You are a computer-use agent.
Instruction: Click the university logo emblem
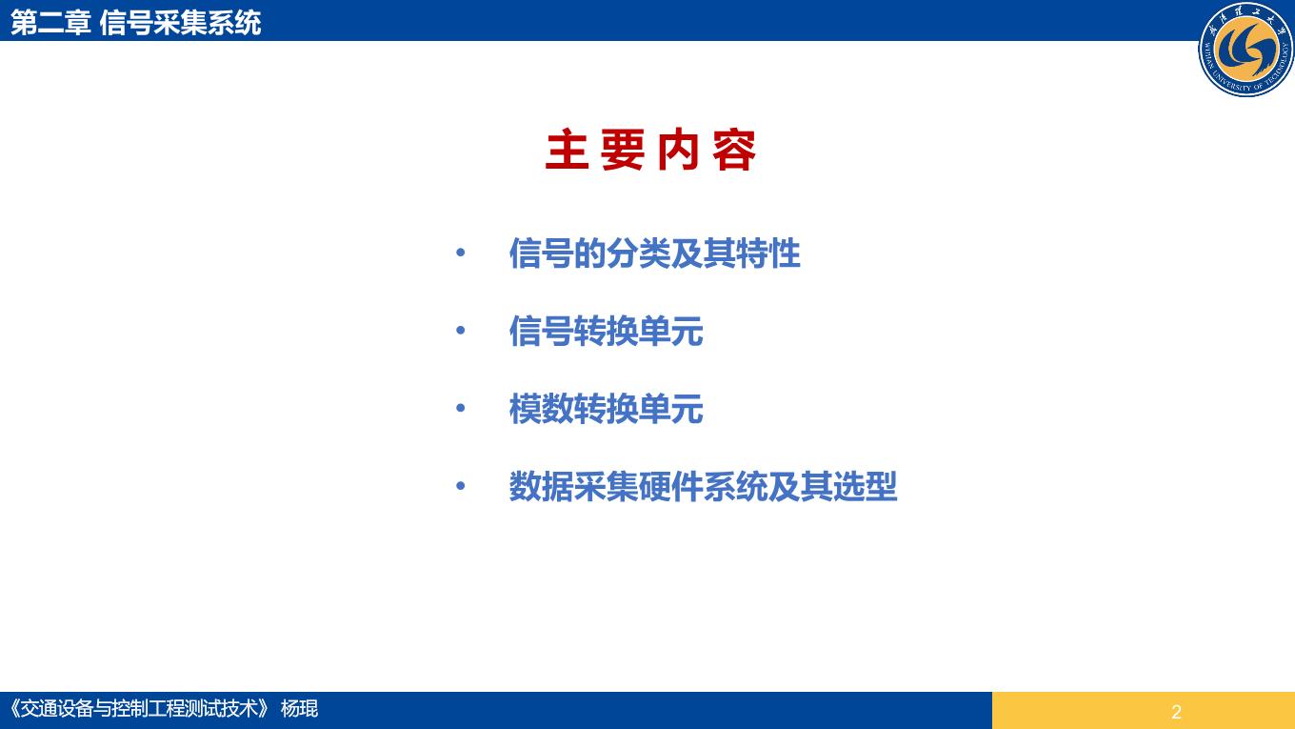[1246, 49]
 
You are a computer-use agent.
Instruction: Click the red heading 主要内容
[650, 151]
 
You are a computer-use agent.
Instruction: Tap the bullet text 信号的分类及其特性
[654, 253]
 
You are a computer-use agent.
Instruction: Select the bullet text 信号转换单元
[606, 331]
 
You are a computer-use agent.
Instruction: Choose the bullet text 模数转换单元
[606, 409]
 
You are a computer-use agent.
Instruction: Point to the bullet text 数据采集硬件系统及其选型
[703, 487]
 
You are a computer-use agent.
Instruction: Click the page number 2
[1176, 712]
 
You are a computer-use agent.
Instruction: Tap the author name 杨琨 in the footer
[299, 709]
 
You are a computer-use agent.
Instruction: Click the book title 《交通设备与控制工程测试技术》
[139, 709]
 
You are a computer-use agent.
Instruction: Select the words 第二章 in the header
[50, 23]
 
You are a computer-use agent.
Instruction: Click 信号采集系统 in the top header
[180, 23]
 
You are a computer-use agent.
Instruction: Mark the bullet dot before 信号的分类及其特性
[460, 253]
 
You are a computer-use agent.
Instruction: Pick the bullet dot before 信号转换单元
[460, 331]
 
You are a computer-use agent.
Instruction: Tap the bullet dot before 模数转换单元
[460, 408]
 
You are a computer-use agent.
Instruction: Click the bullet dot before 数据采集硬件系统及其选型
[460, 486]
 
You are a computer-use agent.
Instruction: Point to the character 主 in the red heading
[568, 151]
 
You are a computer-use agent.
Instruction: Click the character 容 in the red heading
[734, 151]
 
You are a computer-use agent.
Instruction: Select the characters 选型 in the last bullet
[866, 487]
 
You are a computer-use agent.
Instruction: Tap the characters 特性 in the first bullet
[768, 253]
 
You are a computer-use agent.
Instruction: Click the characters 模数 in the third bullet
[541, 409]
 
